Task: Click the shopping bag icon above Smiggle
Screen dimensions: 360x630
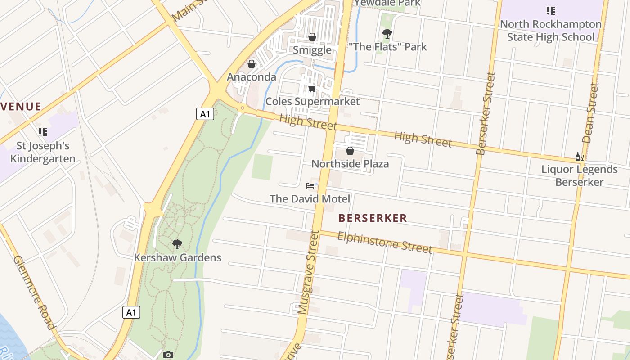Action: pyautogui.click(x=312, y=37)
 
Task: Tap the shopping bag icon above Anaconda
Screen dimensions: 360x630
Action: pyautogui.click(x=252, y=64)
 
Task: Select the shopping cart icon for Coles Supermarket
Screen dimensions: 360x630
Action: pyautogui.click(x=312, y=89)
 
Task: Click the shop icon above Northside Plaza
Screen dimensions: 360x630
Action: pyautogui.click(x=350, y=151)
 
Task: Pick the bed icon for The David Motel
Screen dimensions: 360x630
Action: pyautogui.click(x=310, y=185)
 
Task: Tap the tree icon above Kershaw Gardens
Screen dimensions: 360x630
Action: pyautogui.click(x=177, y=244)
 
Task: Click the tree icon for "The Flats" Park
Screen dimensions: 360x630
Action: pyautogui.click(x=387, y=34)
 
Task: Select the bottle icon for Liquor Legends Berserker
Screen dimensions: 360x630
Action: pyautogui.click(x=579, y=157)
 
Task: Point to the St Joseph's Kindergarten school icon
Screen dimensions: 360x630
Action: pyautogui.click(x=43, y=132)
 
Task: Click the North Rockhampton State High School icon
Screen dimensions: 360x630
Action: pyautogui.click(x=550, y=10)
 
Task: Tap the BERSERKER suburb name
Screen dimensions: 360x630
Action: pyautogui.click(x=373, y=218)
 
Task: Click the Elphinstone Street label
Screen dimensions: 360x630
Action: pyautogui.click(x=385, y=243)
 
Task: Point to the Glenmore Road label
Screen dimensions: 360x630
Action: pyautogui.click(x=34, y=292)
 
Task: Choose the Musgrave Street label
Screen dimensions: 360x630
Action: pyautogui.click(x=309, y=272)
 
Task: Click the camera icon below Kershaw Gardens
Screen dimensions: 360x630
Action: pyautogui.click(x=168, y=355)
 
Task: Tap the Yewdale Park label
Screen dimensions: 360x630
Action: pyautogui.click(x=387, y=3)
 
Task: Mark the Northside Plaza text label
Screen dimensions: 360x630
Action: pyautogui.click(x=350, y=164)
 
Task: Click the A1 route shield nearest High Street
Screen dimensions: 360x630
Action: pyautogui.click(x=205, y=114)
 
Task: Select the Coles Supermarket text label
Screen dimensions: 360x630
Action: pyautogui.click(x=312, y=101)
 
